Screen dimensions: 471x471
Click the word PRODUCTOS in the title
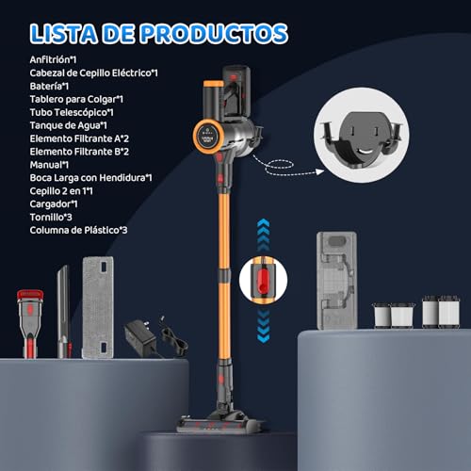(x=214, y=34)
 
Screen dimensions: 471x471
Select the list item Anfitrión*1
(x=53, y=59)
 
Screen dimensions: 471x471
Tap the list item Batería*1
(x=49, y=86)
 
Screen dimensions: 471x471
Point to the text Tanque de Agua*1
(x=69, y=125)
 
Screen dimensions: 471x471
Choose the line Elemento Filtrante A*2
(x=79, y=138)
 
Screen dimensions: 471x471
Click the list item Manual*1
(x=49, y=165)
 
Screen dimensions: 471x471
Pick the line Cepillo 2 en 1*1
(x=61, y=191)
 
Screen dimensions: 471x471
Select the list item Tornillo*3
(x=51, y=218)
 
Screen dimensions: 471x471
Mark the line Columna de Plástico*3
(x=78, y=230)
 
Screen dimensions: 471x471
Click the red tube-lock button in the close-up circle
(x=263, y=279)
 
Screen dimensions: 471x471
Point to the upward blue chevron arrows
(x=263, y=235)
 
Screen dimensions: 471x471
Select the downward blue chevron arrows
(x=263, y=326)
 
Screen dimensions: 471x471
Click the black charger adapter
(x=140, y=337)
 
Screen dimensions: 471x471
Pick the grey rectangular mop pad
(x=98, y=307)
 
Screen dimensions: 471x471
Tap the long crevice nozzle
(x=64, y=312)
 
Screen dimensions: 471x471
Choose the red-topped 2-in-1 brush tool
(x=30, y=323)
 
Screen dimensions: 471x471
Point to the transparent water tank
(x=336, y=281)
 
